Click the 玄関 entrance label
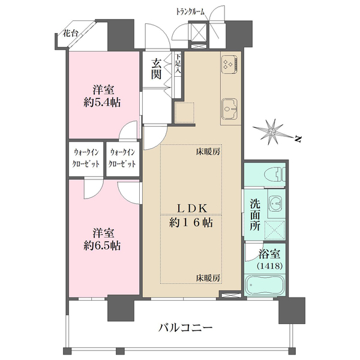(x=156, y=68)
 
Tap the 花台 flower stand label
(x=70, y=34)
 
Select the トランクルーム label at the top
(x=190, y=12)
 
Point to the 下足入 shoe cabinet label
(x=178, y=64)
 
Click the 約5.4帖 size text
(x=102, y=103)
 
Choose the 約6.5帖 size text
(x=102, y=246)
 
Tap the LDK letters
(x=192, y=208)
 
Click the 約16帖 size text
(x=191, y=223)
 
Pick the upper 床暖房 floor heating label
(x=208, y=152)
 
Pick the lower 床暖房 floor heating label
(x=208, y=278)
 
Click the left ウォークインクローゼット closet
(x=86, y=158)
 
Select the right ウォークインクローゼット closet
(x=122, y=158)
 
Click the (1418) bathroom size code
(x=269, y=266)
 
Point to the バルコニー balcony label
(x=185, y=328)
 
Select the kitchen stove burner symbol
(x=229, y=65)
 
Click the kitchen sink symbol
(x=229, y=109)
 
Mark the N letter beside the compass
(x=298, y=139)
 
